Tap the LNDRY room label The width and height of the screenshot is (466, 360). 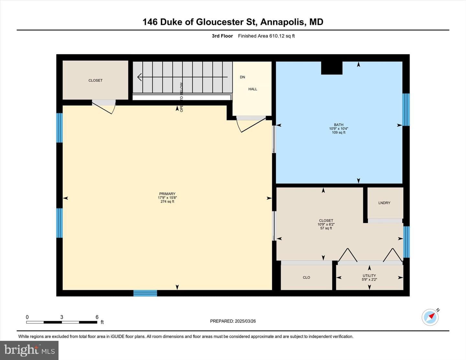point(384,203)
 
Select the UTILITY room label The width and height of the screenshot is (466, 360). point(369,276)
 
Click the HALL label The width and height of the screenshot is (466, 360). point(253,89)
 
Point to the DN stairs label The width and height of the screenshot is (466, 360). point(242,77)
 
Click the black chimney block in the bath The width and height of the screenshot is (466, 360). point(332,68)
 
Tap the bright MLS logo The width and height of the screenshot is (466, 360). point(29,350)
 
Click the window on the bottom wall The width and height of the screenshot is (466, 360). point(145,293)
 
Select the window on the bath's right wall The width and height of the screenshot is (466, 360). point(406,110)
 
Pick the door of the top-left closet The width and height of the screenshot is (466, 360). point(104,107)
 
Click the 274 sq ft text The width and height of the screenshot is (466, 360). point(167,202)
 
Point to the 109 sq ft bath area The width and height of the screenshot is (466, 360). point(338,132)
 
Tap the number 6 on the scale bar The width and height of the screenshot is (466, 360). point(97,317)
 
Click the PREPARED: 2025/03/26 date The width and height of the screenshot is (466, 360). point(233,321)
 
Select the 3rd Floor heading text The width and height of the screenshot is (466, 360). point(222,36)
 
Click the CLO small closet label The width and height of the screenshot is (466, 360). point(306,278)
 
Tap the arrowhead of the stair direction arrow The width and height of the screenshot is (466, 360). point(139,77)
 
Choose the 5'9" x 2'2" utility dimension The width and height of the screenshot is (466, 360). point(369,279)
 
